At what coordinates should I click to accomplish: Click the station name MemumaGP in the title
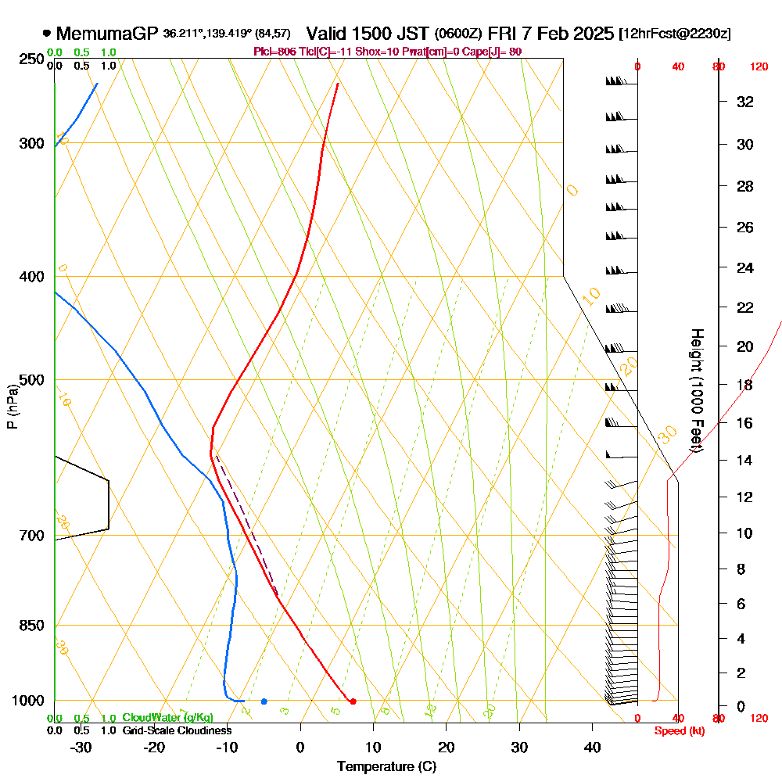tap(107, 34)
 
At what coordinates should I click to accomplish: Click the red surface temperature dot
tap(353, 701)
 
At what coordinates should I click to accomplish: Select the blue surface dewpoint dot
tap(264, 701)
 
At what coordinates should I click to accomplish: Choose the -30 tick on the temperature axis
tap(81, 747)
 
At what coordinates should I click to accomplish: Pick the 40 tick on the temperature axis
tap(593, 747)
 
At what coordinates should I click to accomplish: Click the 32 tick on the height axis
tap(745, 102)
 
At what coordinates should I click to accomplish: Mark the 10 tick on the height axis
tap(745, 533)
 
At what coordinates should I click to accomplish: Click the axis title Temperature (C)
tap(387, 766)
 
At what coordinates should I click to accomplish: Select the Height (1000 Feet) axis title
tap(696, 389)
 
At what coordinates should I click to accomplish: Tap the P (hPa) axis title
tap(12, 406)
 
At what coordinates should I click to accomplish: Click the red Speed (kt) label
tap(677, 730)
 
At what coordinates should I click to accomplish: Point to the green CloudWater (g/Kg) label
tap(167, 718)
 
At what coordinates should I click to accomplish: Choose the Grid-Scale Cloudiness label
tap(177, 730)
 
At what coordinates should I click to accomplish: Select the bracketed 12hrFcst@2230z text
tap(674, 34)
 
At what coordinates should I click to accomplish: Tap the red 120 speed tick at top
tap(758, 67)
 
